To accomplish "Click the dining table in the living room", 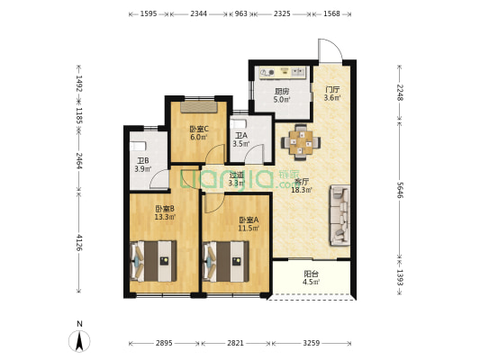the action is pyautogui.click(x=301, y=142).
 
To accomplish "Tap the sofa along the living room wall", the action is pyautogui.click(x=340, y=215).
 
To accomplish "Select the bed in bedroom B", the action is pyautogui.click(x=153, y=261).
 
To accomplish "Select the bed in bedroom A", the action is pyautogui.click(x=226, y=262).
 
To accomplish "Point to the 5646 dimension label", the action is pyautogui.click(x=400, y=190).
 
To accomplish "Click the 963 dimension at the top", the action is pyautogui.click(x=241, y=13).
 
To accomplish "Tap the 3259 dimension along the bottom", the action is pyautogui.click(x=312, y=343).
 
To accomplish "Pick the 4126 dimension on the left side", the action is pyautogui.click(x=79, y=242).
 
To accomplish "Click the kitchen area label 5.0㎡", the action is pyautogui.click(x=282, y=99).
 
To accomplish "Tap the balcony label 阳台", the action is pyautogui.click(x=311, y=274).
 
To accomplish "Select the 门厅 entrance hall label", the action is pyautogui.click(x=332, y=90).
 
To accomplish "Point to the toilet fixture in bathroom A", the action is pyautogui.click(x=239, y=124).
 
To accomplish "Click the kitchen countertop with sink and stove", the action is pyautogui.click(x=282, y=73).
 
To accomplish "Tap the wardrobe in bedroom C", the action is pyautogui.click(x=199, y=107).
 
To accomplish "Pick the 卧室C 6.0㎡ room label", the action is pyautogui.click(x=199, y=133).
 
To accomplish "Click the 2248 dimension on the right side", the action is pyautogui.click(x=400, y=93).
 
